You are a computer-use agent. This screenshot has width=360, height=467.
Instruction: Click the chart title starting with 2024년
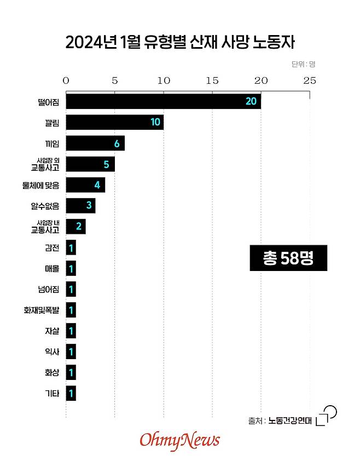tap(180, 42)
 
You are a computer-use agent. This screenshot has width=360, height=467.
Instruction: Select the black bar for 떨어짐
tap(163, 101)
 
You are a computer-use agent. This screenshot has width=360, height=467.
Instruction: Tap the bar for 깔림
tap(114, 122)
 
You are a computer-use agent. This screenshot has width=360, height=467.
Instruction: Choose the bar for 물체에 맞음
tap(85, 185)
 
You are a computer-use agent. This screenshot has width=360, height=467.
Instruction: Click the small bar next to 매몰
tap(71, 268)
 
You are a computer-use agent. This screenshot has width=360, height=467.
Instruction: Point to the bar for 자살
tap(71, 331)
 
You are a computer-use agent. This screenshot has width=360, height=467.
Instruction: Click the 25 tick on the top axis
tap(310, 80)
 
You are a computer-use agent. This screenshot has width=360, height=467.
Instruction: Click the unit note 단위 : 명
tap(303, 64)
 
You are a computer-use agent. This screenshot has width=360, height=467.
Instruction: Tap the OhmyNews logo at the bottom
tap(179, 440)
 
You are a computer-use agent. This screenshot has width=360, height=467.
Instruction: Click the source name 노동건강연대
tap(289, 420)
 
